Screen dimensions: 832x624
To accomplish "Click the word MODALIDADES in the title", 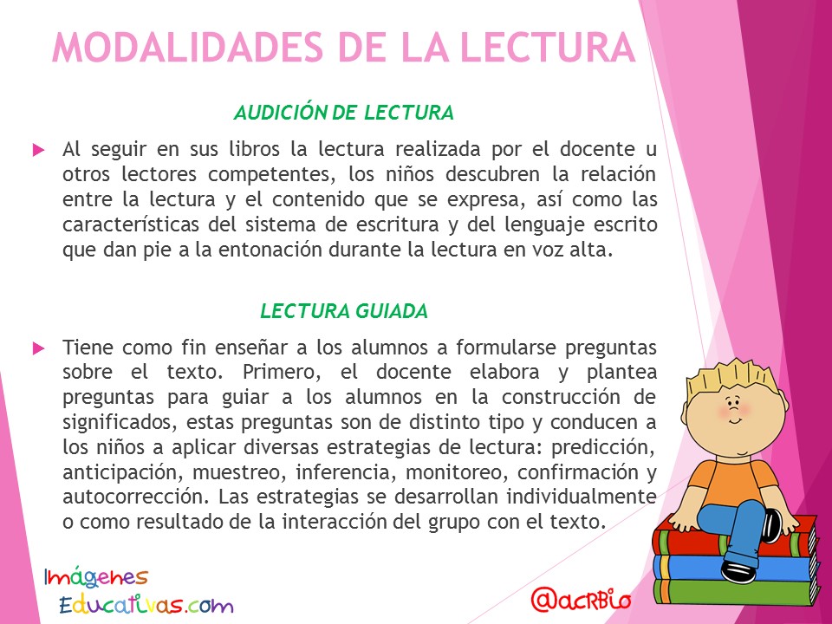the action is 187,48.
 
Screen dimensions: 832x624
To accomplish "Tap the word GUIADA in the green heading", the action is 392,311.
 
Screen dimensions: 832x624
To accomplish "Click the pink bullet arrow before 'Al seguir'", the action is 39,150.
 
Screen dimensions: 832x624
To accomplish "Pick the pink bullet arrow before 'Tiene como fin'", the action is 39,348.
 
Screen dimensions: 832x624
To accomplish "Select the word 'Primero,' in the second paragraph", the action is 282,372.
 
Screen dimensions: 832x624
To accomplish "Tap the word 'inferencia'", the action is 345,471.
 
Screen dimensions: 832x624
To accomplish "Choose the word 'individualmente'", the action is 582,497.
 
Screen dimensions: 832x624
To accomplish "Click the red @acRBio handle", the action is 581,600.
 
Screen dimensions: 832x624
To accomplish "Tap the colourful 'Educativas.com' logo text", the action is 146,604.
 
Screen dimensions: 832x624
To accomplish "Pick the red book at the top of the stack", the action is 735,538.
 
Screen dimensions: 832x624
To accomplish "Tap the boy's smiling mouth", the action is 735,421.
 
